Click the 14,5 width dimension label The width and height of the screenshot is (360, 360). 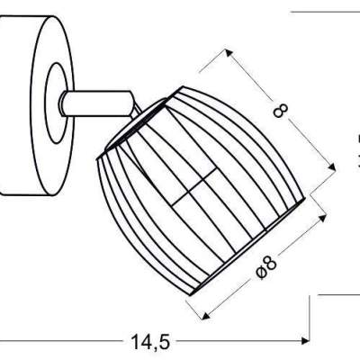(150, 342)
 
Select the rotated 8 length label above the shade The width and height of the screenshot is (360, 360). (280, 111)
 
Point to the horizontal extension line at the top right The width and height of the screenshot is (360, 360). (324, 13)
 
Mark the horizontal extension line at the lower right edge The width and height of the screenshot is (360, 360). (337, 293)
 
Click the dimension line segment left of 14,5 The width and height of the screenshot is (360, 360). (63, 342)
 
